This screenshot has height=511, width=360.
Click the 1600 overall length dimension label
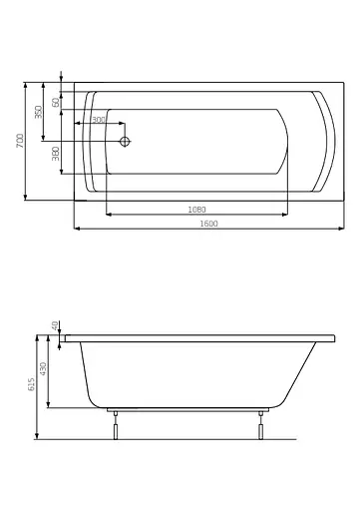(208, 224)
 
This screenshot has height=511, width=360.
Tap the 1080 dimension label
(197, 210)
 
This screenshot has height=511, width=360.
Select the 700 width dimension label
(20, 141)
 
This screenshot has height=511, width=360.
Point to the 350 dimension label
(39, 112)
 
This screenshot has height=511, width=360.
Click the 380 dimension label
(56, 154)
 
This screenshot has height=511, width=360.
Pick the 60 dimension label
(56, 102)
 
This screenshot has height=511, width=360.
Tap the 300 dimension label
(99, 120)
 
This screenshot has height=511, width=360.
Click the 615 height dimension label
(31, 384)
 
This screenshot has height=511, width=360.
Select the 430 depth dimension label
(43, 369)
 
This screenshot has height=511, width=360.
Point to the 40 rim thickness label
(55, 325)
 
